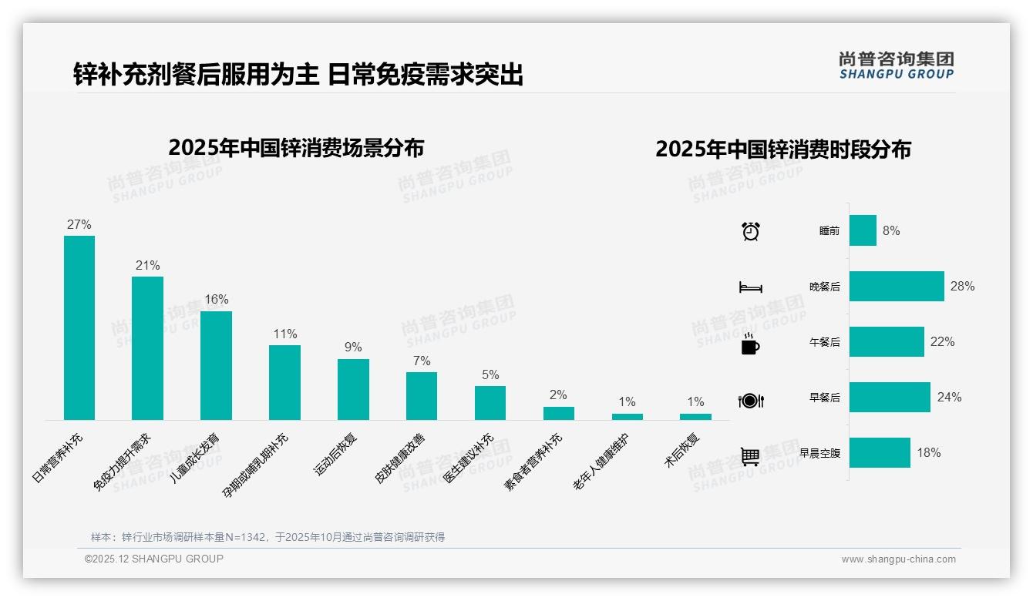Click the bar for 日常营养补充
pyautogui.click(x=79, y=327)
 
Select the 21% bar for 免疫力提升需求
pyautogui.click(x=147, y=348)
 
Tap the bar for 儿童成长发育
pyautogui.click(x=216, y=365)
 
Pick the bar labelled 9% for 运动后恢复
pyautogui.click(x=353, y=389)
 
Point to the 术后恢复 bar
pyautogui.click(x=695, y=417)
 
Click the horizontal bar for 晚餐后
pyautogui.click(x=897, y=286)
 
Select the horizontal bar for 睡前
pyautogui.click(x=863, y=230)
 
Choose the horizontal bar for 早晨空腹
pyautogui.click(x=880, y=452)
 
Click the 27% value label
pyautogui.click(x=79, y=225)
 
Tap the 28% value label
pyautogui.click(x=962, y=286)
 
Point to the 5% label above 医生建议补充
pyautogui.click(x=490, y=375)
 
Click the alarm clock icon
pyautogui.click(x=750, y=230)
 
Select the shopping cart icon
pyautogui.click(x=750, y=456)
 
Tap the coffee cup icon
pyautogui.click(x=750, y=344)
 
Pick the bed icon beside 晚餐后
pyautogui.click(x=750, y=287)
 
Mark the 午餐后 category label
pyautogui.click(x=824, y=342)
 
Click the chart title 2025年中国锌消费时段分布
pyautogui.click(x=783, y=149)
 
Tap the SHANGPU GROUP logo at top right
pyautogui.click(x=896, y=65)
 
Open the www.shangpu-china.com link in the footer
pyautogui.click(x=898, y=559)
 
